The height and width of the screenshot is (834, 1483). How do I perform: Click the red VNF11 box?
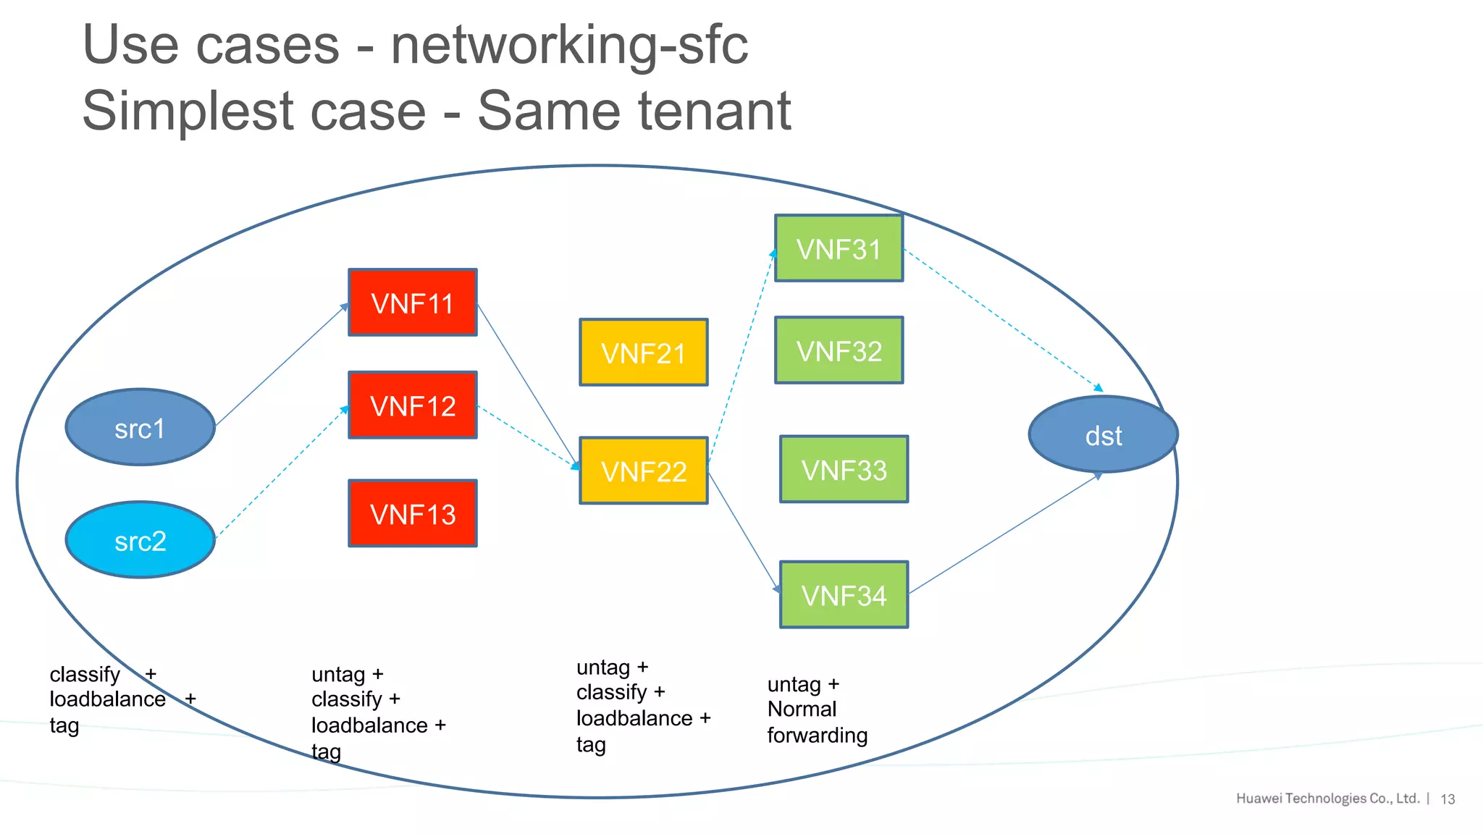click(412, 303)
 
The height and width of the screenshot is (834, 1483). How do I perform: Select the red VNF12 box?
click(412, 405)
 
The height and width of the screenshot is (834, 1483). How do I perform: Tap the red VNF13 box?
click(412, 513)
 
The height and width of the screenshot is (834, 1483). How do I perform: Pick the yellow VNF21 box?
click(643, 353)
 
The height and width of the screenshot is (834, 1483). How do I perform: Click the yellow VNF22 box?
click(643, 471)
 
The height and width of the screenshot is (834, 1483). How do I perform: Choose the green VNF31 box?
click(839, 248)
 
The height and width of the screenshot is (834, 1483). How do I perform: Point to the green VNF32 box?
click(839, 350)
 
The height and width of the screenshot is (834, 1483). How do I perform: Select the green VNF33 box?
click(844, 469)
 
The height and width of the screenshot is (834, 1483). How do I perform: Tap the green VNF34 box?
click(844, 595)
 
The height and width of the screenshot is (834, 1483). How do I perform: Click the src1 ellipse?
click(140, 428)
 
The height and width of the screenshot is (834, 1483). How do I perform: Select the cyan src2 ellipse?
click(140, 540)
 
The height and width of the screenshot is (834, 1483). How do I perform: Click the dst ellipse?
click(1103, 435)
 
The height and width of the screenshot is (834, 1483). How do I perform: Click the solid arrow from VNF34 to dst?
click(1003, 534)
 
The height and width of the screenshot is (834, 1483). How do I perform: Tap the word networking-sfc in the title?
click(569, 45)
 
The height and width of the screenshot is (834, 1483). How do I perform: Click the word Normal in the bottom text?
click(802, 709)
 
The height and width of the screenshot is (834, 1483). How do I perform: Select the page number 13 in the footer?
click(1448, 799)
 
